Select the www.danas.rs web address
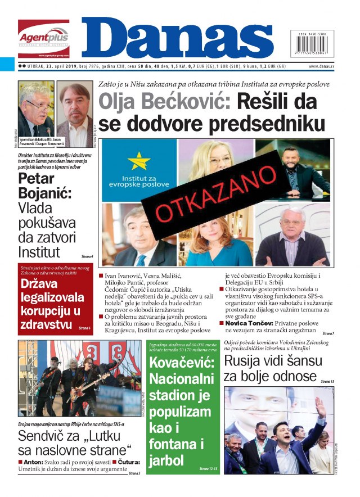click(x=326, y=66)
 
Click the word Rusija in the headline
click(x=244, y=360)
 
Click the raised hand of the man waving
click(x=319, y=405)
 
